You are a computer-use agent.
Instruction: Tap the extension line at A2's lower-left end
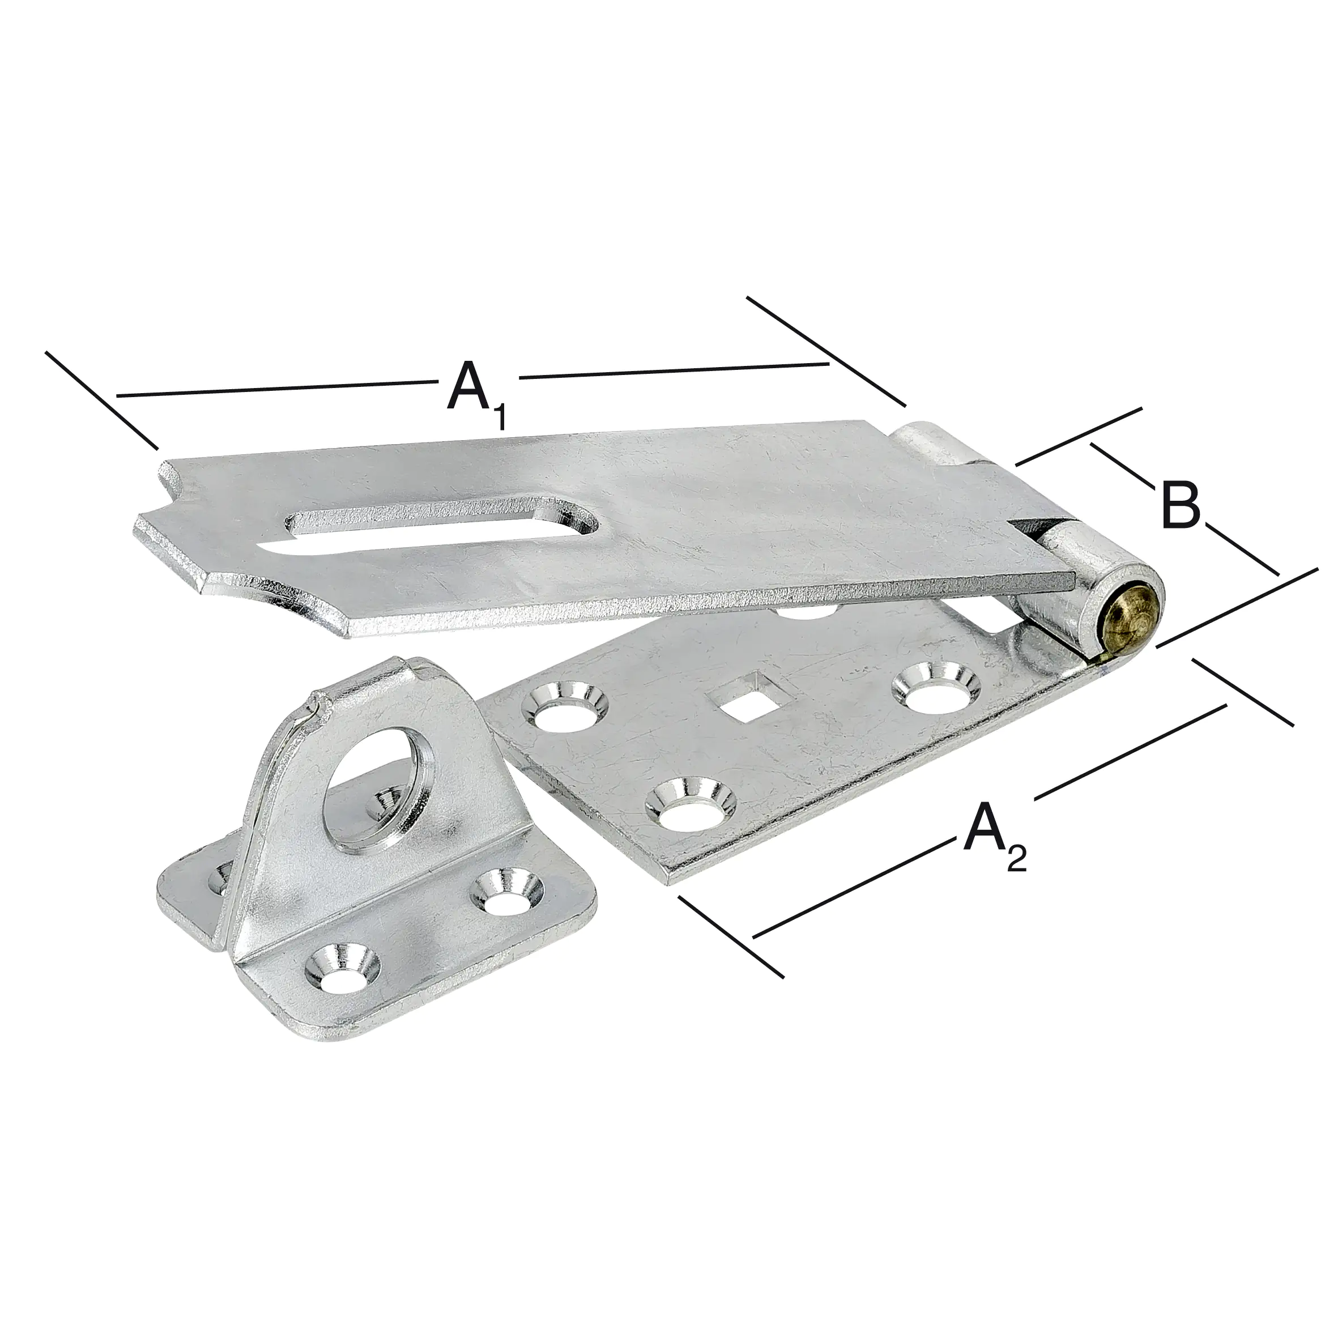pyautogui.click(x=731, y=936)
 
